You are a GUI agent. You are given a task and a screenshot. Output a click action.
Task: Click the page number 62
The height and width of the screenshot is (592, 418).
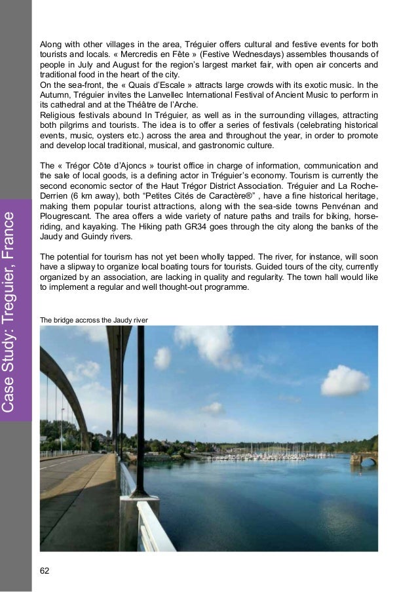[45, 570]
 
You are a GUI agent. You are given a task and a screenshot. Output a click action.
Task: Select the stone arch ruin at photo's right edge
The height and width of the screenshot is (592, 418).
[364, 458]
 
